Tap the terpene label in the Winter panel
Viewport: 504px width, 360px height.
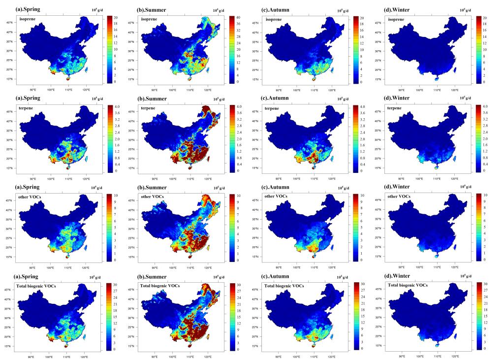point(397,108)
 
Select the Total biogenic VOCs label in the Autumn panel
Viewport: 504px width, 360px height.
point(283,286)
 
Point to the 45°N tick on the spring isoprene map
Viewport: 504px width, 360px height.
point(9,23)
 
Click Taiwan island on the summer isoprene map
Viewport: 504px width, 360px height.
point(210,70)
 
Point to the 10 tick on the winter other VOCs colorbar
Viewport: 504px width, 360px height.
point(486,196)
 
